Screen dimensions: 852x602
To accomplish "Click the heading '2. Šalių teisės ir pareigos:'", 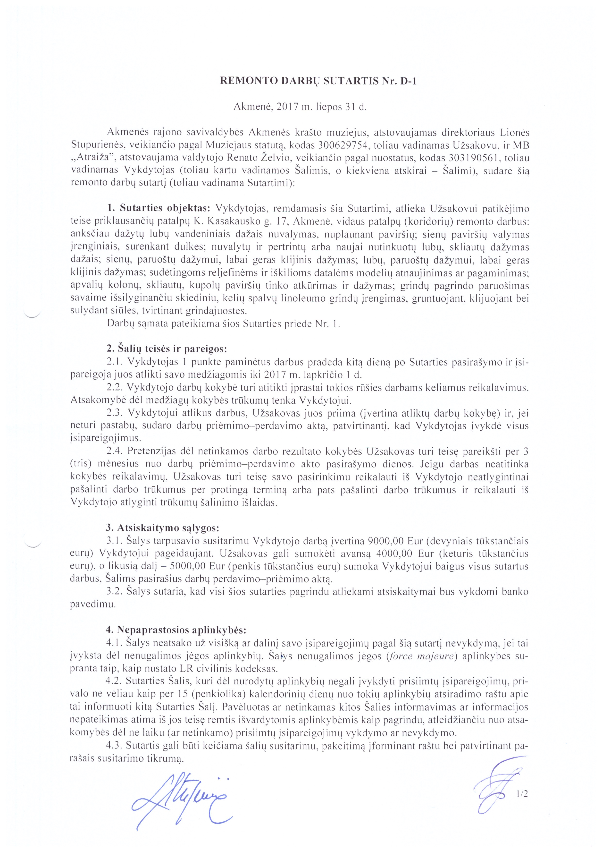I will [167, 349].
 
